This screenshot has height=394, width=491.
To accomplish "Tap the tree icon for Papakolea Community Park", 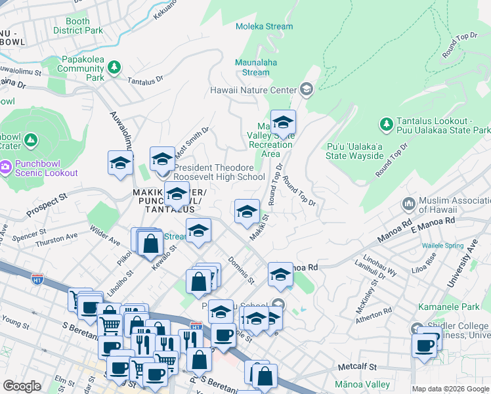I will click(114, 67).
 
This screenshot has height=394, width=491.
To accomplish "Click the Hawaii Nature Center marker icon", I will click(306, 89).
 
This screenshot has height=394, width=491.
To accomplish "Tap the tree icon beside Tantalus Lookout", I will click(386, 123).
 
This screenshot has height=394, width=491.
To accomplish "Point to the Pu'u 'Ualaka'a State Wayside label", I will click(354, 150).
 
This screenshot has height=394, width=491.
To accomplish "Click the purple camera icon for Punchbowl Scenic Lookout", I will click(6, 167).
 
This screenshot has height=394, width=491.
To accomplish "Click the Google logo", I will click(22, 386).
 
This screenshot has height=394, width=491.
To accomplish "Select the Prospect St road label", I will click(46, 206).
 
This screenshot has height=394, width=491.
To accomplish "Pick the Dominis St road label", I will click(242, 270).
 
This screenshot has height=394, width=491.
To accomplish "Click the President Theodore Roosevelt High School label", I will click(219, 172).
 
